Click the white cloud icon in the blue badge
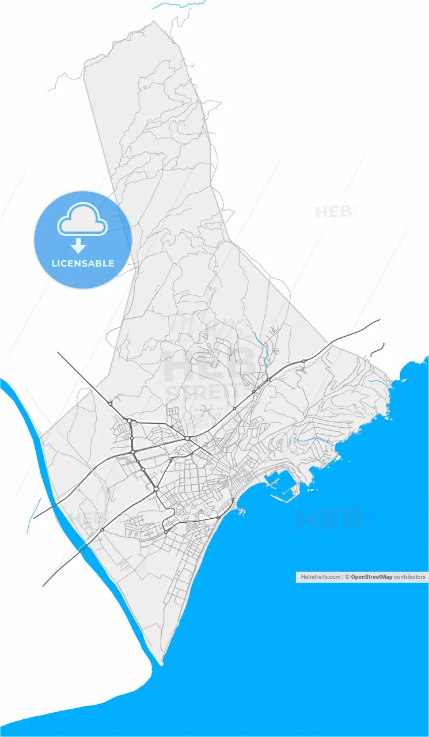pyautogui.click(x=82, y=219)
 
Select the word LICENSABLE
pyautogui.click(x=83, y=264)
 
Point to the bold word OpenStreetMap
pyautogui.click(x=371, y=576)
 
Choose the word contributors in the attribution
pyautogui.click(x=409, y=576)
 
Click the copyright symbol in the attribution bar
pyautogui.click(x=347, y=576)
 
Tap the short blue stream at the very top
pyautogui.click(x=179, y=5)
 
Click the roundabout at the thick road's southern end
pyautogui.click(x=156, y=489)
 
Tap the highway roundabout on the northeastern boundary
pyautogui.click(x=303, y=361)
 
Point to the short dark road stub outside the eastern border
pyautogui.click(x=377, y=349)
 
